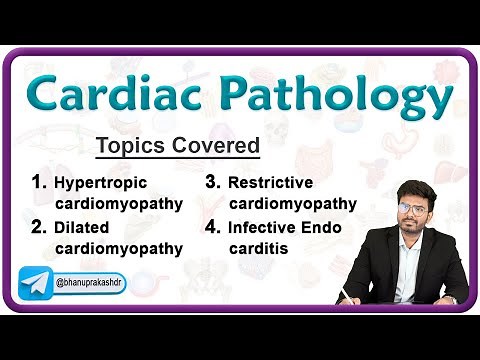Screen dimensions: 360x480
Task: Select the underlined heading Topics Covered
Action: (177, 147)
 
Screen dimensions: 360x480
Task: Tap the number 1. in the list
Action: (40, 183)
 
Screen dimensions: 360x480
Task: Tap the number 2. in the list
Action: (40, 226)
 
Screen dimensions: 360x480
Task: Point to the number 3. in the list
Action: (213, 183)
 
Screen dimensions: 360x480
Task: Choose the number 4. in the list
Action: (213, 226)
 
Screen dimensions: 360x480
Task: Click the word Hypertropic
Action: (100, 184)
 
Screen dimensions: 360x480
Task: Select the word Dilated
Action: (83, 227)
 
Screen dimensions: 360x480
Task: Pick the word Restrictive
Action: (270, 183)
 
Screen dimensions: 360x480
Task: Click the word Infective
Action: (264, 227)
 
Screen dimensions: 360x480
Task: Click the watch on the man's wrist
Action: (449, 298)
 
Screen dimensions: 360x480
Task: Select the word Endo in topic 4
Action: (323, 227)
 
